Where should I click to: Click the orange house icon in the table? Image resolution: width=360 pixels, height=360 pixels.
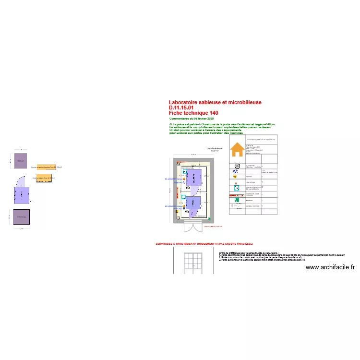click(237, 150)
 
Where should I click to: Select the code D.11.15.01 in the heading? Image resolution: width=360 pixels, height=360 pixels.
click(181, 108)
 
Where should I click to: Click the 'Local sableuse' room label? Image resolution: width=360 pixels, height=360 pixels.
click(215, 149)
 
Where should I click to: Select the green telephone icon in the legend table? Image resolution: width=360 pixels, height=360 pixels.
click(237, 200)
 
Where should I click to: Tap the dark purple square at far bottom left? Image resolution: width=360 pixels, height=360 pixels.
click(21, 217)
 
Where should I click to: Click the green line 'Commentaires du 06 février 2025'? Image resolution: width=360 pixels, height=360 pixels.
click(192, 118)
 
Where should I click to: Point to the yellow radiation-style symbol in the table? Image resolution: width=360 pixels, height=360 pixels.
click(235, 177)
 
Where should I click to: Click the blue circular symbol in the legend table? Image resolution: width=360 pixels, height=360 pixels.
click(236, 170)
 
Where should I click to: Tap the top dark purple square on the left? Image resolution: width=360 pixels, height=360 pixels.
click(21, 161)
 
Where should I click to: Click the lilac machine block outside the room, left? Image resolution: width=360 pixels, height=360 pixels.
click(21, 196)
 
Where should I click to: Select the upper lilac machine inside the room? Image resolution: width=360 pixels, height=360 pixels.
click(193, 178)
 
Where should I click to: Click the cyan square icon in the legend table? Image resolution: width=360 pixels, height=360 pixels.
click(236, 188)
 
